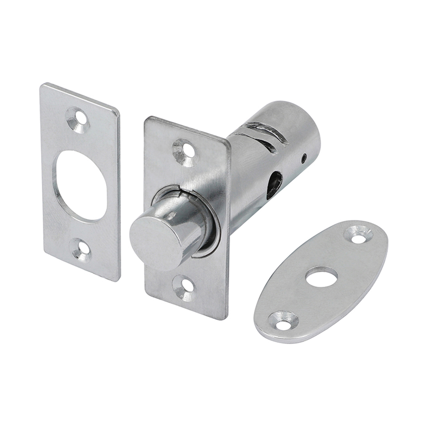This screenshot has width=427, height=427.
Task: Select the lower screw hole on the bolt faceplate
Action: click(184, 287)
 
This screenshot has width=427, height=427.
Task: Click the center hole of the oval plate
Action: click(322, 277)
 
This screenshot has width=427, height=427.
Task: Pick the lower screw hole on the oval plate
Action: click(282, 321)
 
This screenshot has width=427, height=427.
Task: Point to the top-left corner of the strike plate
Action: click(43, 85)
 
